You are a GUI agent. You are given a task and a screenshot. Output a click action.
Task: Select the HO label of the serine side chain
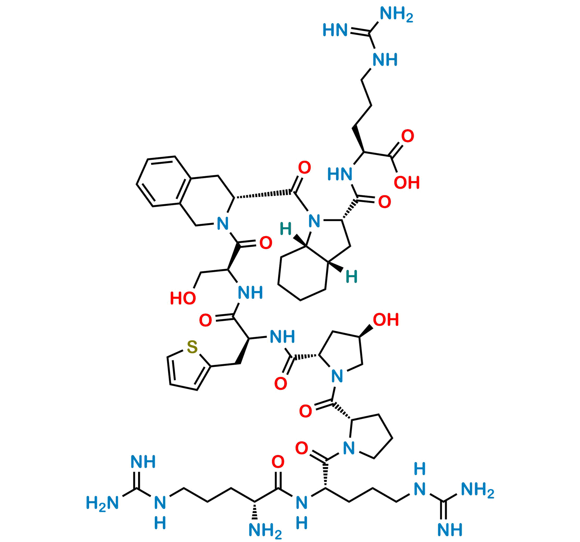[183, 298]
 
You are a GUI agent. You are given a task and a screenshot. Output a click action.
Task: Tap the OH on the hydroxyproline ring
[386, 319]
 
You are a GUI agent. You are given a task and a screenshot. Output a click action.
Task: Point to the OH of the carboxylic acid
[407, 183]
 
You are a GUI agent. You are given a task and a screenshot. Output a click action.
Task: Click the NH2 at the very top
[396, 14]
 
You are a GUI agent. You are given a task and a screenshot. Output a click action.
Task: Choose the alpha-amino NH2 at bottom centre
[265, 531]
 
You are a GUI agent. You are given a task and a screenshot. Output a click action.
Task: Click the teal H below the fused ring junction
[352, 277]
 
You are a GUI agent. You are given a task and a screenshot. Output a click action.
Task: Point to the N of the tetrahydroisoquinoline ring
[223, 224]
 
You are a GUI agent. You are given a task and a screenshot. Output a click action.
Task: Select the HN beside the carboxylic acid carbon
[340, 174]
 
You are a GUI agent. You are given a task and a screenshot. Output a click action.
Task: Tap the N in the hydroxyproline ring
[337, 376]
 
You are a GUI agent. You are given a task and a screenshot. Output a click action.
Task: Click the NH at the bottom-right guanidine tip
[450, 529]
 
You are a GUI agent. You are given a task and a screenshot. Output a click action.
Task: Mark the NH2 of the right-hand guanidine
[478, 490]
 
